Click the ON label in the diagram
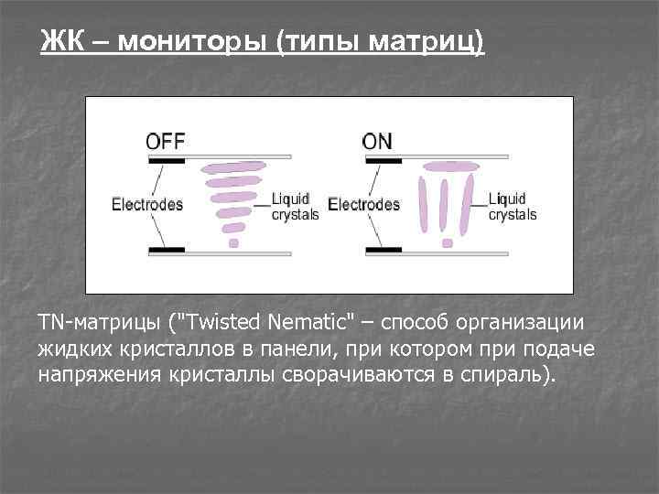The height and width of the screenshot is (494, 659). pos(377,142)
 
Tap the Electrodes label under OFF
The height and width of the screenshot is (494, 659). pos(147,205)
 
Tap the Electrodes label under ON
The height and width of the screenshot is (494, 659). pos(363,205)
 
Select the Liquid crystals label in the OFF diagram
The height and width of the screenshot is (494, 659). pos(295,207)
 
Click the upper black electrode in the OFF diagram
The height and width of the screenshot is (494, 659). pos(167,161)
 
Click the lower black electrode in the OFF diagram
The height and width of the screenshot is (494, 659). pos(167,250)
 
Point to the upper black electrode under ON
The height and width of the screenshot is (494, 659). pos(384,161)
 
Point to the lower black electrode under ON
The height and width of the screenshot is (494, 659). pos(384,250)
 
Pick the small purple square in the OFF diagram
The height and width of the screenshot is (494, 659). pos(233,243)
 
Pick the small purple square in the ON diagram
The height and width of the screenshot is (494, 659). pos(448,243)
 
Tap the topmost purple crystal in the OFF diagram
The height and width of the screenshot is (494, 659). pos(233,168)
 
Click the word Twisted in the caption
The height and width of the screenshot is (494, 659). pos(225,323)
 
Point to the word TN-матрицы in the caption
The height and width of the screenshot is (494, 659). pos(95,323)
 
